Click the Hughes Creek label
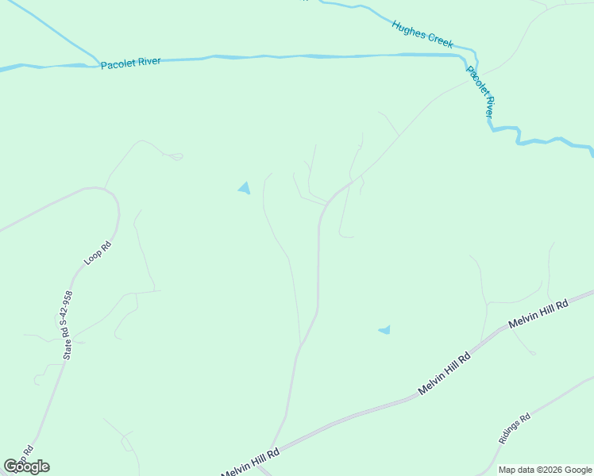coord(422,35)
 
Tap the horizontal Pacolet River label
coord(130,63)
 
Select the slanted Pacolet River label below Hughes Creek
coord(480,92)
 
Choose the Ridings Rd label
coord(514,429)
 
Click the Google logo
coord(26,466)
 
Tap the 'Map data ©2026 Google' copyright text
coord(546,470)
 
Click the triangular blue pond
coord(245,188)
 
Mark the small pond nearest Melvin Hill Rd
coord(385,329)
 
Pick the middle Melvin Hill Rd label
coord(445,374)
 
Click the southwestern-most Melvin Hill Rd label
coord(251,463)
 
